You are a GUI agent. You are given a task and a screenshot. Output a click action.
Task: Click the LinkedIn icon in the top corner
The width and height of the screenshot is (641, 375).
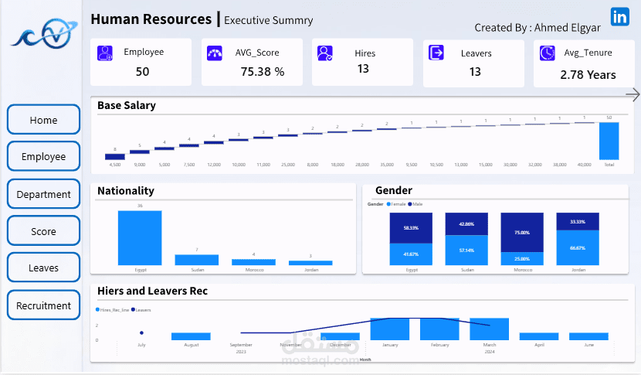pyautogui.click(x=619, y=17)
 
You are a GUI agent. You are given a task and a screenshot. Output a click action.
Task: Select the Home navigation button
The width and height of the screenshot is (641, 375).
pyautogui.click(x=43, y=120)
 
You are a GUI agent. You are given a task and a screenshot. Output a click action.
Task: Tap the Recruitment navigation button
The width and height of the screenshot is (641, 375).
pyautogui.click(x=43, y=305)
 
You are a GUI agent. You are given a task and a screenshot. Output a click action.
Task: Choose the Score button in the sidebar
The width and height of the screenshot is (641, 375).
pyautogui.click(x=43, y=231)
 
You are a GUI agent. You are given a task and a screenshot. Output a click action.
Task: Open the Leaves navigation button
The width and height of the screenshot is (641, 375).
pyautogui.click(x=43, y=268)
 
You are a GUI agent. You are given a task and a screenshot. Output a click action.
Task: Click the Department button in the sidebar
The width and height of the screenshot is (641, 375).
pyautogui.click(x=43, y=194)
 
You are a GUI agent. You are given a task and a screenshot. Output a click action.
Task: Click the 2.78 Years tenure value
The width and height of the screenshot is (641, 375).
pyautogui.click(x=588, y=74)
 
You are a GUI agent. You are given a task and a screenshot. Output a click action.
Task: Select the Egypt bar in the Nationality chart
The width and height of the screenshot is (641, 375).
pyautogui.click(x=140, y=237)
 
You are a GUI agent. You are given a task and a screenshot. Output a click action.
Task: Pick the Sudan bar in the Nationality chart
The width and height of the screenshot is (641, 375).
pyautogui.click(x=196, y=260)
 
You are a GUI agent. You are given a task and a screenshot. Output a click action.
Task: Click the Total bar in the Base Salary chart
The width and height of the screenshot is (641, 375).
pyautogui.click(x=609, y=141)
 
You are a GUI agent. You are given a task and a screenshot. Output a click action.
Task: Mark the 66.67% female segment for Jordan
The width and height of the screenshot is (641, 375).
pyautogui.click(x=578, y=248)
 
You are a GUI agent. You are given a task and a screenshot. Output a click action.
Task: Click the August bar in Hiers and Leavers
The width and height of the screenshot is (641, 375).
pyautogui.click(x=191, y=336)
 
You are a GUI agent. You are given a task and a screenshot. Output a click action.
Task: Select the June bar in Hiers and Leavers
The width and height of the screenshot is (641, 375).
pyautogui.click(x=588, y=336)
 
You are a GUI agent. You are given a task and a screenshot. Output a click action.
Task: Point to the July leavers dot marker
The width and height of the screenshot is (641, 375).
pyautogui.click(x=141, y=333)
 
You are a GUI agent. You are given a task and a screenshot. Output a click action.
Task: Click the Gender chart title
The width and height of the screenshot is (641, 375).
pyautogui.click(x=394, y=190)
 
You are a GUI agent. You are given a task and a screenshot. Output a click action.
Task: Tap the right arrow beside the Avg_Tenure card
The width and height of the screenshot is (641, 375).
pyautogui.click(x=633, y=94)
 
